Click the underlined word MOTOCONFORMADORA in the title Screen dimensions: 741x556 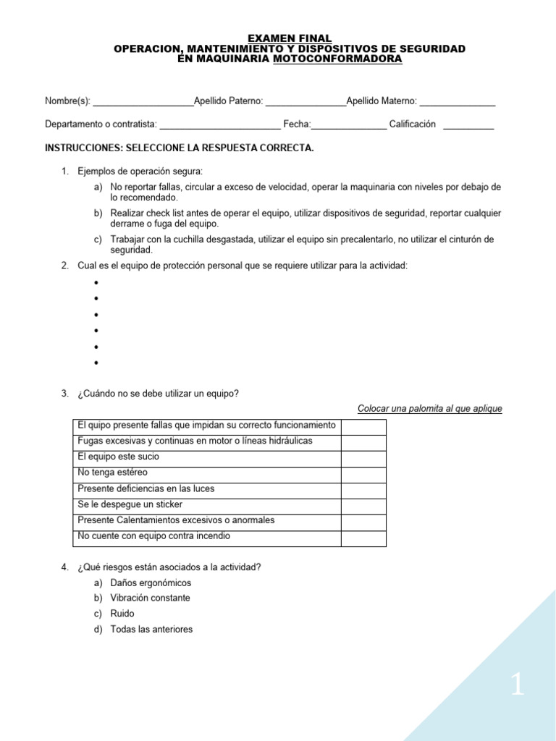pos(337,59)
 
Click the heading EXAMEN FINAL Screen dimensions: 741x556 pos(290,38)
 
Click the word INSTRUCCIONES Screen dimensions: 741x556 pos(83,148)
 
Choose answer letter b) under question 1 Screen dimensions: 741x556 pos(98,213)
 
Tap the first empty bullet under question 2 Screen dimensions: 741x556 pos(96,283)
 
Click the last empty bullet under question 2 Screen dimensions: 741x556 pos(96,363)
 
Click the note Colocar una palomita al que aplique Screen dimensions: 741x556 pos(430,409)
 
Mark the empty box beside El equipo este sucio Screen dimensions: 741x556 pos(363,458)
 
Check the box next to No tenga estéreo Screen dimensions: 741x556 pos(363,474)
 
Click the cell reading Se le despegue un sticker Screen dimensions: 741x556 pos(130,504)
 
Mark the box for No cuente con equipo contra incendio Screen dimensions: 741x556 pos(363,538)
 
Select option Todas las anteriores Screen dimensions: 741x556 pos(151,630)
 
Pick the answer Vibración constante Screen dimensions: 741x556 pos(151,598)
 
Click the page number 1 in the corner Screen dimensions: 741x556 pos(517,685)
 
